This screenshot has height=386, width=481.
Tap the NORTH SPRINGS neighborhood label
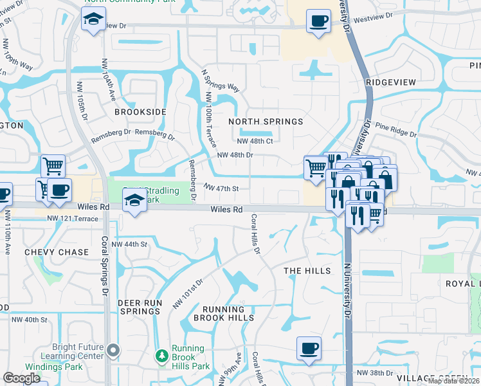coord(266,122)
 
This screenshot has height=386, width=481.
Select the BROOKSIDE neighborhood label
coord(140,112)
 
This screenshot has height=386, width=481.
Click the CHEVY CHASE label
coord(57,252)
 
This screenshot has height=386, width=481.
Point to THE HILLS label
coord(307,271)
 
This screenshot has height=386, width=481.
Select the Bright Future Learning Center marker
coord(114,351)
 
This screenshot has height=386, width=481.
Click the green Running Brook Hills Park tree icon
coord(162,355)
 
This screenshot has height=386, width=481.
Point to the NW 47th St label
coord(221,188)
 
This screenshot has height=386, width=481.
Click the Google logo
coord(22,378)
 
